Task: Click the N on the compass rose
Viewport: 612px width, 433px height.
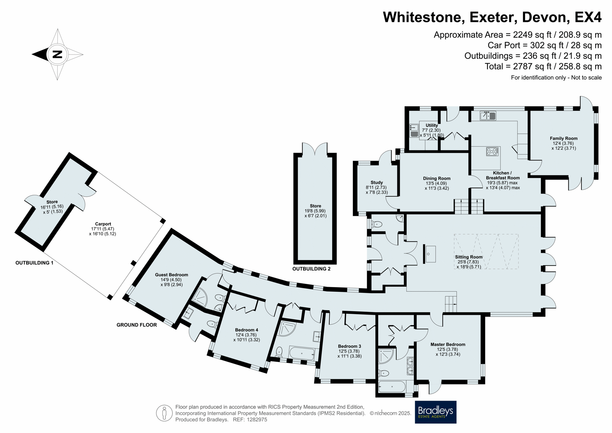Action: click(57, 54)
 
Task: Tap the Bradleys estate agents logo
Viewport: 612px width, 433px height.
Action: click(435, 412)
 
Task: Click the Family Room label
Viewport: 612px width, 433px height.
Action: click(564, 138)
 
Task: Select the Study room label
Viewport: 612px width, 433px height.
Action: click(377, 183)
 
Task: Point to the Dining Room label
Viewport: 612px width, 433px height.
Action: click(437, 179)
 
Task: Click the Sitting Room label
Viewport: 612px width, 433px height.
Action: click(469, 257)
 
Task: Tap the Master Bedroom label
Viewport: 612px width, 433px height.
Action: click(448, 344)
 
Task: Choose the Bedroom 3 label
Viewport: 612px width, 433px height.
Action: click(350, 346)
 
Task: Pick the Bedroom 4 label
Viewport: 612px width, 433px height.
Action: click(247, 330)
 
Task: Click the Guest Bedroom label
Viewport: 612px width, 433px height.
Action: click(171, 275)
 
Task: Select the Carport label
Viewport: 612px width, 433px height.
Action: click(103, 224)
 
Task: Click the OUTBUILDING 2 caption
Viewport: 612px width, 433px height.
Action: click(311, 269)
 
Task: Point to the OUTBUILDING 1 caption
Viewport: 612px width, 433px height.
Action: click(34, 263)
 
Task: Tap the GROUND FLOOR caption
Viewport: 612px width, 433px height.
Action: click(137, 325)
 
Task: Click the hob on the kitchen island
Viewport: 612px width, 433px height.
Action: click(492, 151)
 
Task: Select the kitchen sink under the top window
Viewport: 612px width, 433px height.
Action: click(488, 115)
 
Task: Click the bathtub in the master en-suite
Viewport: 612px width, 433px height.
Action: click(392, 387)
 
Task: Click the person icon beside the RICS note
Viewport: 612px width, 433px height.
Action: click(164, 413)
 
